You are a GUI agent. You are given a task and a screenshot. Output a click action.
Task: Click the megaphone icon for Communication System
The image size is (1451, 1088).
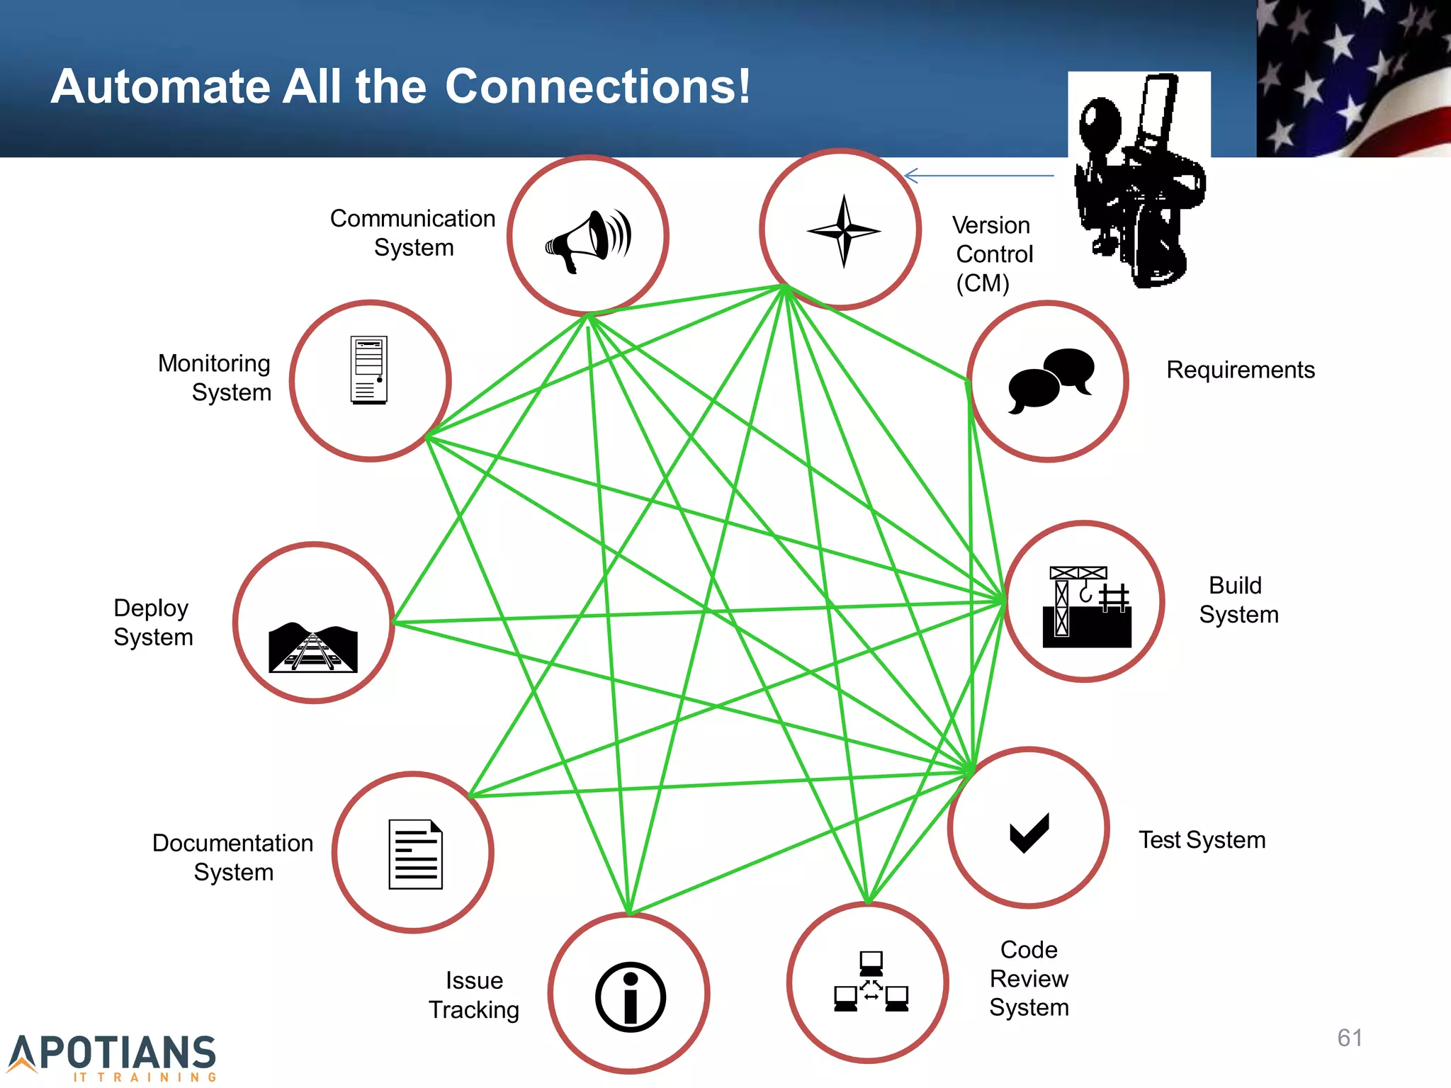coord(588,239)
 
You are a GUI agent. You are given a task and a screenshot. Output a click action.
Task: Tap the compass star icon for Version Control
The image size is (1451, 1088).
coord(843,231)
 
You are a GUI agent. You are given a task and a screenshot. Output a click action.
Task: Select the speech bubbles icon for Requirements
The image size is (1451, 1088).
coord(1051,380)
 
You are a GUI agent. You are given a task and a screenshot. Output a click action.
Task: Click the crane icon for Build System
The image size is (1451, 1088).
coord(1086,606)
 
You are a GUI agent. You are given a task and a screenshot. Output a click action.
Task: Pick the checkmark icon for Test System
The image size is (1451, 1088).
coord(1029,832)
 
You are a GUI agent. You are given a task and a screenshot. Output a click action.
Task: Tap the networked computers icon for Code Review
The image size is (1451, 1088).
coord(871,982)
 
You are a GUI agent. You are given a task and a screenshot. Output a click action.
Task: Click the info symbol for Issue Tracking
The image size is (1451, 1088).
coord(631,997)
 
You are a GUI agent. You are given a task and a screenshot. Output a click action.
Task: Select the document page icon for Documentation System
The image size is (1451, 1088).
coord(415,854)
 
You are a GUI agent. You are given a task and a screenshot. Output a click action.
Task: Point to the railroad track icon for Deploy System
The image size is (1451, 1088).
coord(313,647)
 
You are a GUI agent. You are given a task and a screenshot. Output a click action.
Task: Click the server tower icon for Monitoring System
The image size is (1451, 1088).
coord(369,370)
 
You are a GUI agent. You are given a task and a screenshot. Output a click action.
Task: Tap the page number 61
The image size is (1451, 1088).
coord(1350,1038)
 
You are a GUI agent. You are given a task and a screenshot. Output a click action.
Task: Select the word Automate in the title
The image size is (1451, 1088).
coord(160,86)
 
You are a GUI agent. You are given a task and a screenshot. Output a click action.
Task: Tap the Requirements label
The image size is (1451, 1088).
coord(1240,370)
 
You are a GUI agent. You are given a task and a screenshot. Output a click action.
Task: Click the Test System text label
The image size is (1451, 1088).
coord(1202,840)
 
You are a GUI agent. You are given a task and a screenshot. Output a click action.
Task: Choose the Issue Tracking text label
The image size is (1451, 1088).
coord(474,995)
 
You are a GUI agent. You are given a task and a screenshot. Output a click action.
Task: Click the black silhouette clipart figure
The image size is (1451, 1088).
coord(1138,184)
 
